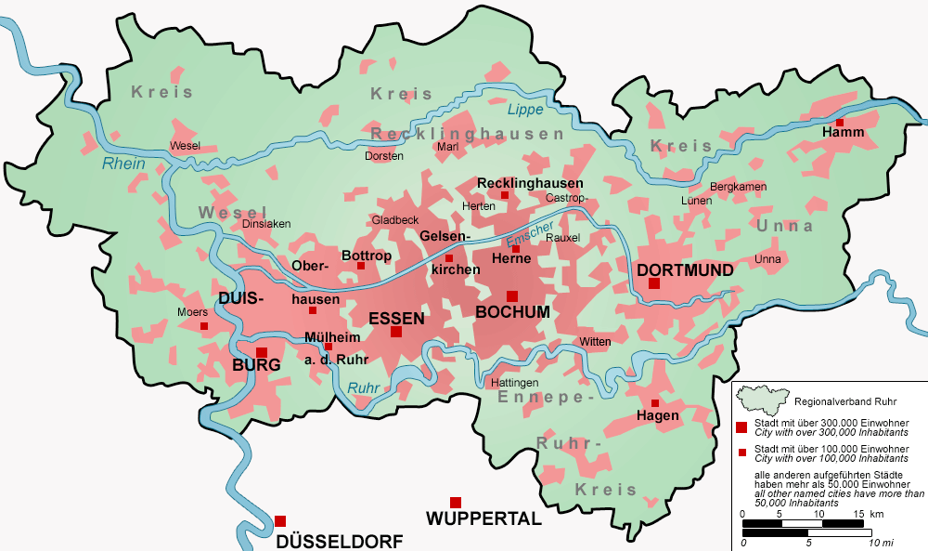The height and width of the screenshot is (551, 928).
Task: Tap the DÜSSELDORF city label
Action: click(339, 541)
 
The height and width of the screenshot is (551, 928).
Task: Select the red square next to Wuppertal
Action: click(455, 503)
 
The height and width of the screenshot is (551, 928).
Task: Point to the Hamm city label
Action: click(842, 133)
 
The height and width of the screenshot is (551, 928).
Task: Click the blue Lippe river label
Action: click(523, 111)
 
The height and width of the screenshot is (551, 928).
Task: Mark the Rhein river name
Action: click(123, 164)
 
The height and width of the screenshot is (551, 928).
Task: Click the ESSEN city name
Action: click(396, 319)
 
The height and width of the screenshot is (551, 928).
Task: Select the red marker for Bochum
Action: click(511, 296)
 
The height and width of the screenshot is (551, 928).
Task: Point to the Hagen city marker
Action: click(655, 403)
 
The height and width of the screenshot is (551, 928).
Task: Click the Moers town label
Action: click(192, 312)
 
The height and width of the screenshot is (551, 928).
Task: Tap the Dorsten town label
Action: click(384, 156)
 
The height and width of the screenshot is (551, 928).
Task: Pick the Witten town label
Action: click(595, 342)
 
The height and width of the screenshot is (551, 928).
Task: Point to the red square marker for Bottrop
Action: click(361, 266)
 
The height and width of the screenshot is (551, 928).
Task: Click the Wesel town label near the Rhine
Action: click(185, 146)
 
